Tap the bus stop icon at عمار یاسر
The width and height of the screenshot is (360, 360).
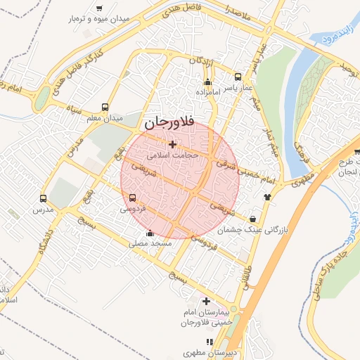pyautogui.click(x=238, y=77)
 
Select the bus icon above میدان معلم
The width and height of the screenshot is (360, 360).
pyautogui.click(x=105, y=107)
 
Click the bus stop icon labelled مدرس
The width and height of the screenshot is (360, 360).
pyautogui.click(x=44, y=198)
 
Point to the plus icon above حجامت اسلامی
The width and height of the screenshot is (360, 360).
pyautogui.click(x=172, y=144)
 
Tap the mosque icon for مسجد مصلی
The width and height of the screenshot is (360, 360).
pyautogui.click(x=149, y=233)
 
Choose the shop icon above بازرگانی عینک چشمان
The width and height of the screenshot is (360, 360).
pyautogui.click(x=252, y=219)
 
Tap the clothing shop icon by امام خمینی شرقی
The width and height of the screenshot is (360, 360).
pyautogui.click(x=266, y=198)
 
